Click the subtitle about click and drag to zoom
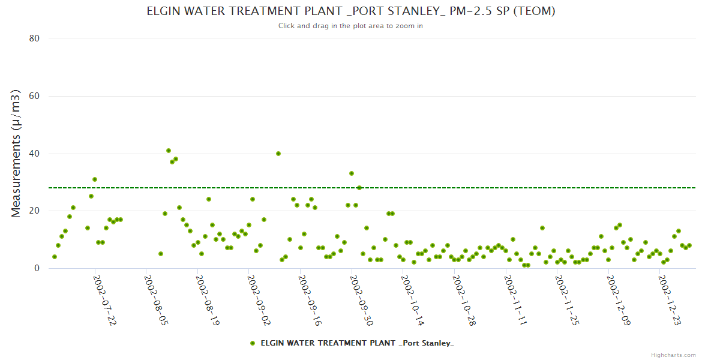pos(350,26)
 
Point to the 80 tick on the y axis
pos(34,38)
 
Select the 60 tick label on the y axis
pos(34,96)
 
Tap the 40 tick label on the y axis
pos(34,154)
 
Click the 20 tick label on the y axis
pos(34,211)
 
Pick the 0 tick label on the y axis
pos(37,268)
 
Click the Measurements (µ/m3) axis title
pos(16,153)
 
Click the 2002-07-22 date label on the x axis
pos(104,300)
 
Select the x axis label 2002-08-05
pos(155,300)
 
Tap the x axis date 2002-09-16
pos(310,300)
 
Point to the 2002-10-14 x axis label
pos(412,300)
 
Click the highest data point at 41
pos(169,151)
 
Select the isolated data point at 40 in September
pos(278,154)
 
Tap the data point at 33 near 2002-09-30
pos(352,173)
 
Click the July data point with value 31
pos(95,179)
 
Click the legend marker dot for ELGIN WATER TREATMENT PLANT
pos(253,343)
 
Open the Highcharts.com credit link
pos(673,355)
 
